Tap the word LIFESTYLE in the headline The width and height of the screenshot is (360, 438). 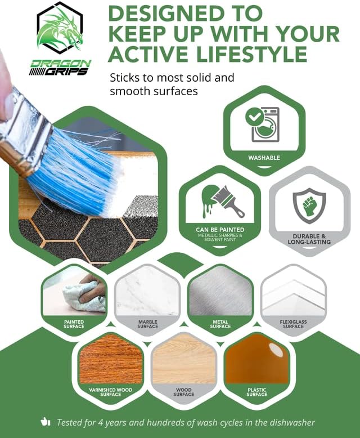click(x=252, y=53)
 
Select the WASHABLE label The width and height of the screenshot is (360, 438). click(x=264, y=158)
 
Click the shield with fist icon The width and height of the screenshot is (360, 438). click(x=309, y=205)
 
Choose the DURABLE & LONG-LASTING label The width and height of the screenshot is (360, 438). click(x=309, y=239)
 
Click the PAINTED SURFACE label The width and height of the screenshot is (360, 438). click(x=74, y=324)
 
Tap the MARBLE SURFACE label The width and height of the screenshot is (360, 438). click(x=147, y=324)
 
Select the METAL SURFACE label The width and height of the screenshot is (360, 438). click(x=220, y=324)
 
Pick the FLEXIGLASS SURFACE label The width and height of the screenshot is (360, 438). click(x=293, y=324)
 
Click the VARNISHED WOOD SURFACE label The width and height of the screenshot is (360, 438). click(x=110, y=392)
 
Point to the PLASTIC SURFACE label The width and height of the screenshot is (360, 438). click(x=256, y=392)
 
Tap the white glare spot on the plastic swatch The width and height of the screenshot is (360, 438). click(x=276, y=350)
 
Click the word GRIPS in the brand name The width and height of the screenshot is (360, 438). click(x=66, y=72)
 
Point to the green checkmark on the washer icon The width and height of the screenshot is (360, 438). click(x=254, y=117)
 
